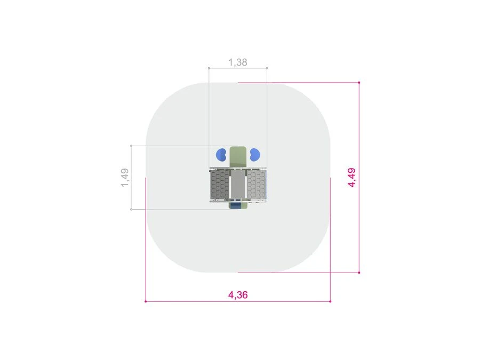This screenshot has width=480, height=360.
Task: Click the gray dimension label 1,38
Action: click(x=237, y=62)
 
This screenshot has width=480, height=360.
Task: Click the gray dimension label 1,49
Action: click(x=125, y=178)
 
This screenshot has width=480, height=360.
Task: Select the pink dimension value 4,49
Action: click(x=352, y=178)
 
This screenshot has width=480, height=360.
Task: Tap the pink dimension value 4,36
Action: click(x=238, y=295)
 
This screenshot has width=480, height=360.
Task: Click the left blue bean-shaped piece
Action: click(x=221, y=155)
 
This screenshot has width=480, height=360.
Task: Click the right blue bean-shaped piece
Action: click(x=255, y=155)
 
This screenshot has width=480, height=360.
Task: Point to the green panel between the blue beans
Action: click(x=238, y=157)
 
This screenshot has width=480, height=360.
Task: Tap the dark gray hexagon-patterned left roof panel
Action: click(x=220, y=185)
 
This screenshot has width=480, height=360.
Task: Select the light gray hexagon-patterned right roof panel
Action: click(x=256, y=185)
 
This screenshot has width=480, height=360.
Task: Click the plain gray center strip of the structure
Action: click(x=238, y=185)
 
